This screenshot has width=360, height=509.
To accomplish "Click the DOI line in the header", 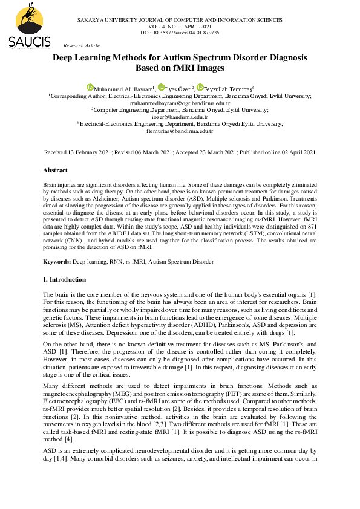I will click(x=180, y=33).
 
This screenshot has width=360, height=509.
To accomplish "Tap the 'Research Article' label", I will click(x=82, y=45).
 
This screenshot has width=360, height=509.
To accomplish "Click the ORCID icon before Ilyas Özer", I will click(x=161, y=88).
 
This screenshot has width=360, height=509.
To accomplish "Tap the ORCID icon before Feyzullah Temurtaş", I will click(x=200, y=88).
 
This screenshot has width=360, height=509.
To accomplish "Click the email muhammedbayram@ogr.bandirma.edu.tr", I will click(x=180, y=103).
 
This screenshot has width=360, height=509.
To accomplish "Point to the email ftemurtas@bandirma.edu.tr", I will click(x=180, y=131).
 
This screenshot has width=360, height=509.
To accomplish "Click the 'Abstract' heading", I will click(x=55, y=170).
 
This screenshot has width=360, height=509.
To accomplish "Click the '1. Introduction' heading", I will click(x=65, y=280).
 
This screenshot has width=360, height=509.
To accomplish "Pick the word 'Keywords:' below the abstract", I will click(x=57, y=262).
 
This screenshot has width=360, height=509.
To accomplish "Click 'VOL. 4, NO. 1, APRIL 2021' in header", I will click(x=180, y=27).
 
